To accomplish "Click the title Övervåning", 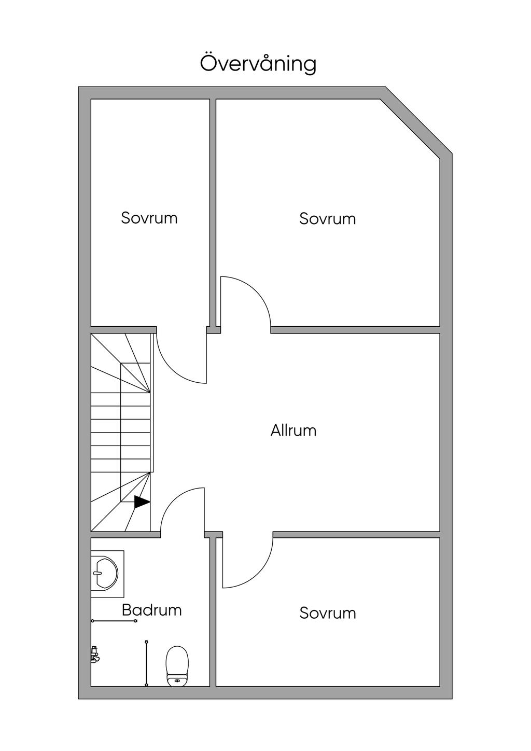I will [258, 63].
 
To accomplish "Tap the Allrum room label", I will [293, 430].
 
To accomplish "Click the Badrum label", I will [151, 610].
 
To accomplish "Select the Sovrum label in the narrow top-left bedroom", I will [149, 218].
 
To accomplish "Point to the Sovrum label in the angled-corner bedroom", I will [327, 219].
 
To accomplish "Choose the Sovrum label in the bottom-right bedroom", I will [327, 613].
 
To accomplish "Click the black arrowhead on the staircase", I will [142, 502].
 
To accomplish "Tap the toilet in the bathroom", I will [176, 665].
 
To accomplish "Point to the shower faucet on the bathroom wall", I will [94, 655].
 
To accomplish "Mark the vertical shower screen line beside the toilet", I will [147, 663].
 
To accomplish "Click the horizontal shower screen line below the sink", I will [114, 620].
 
